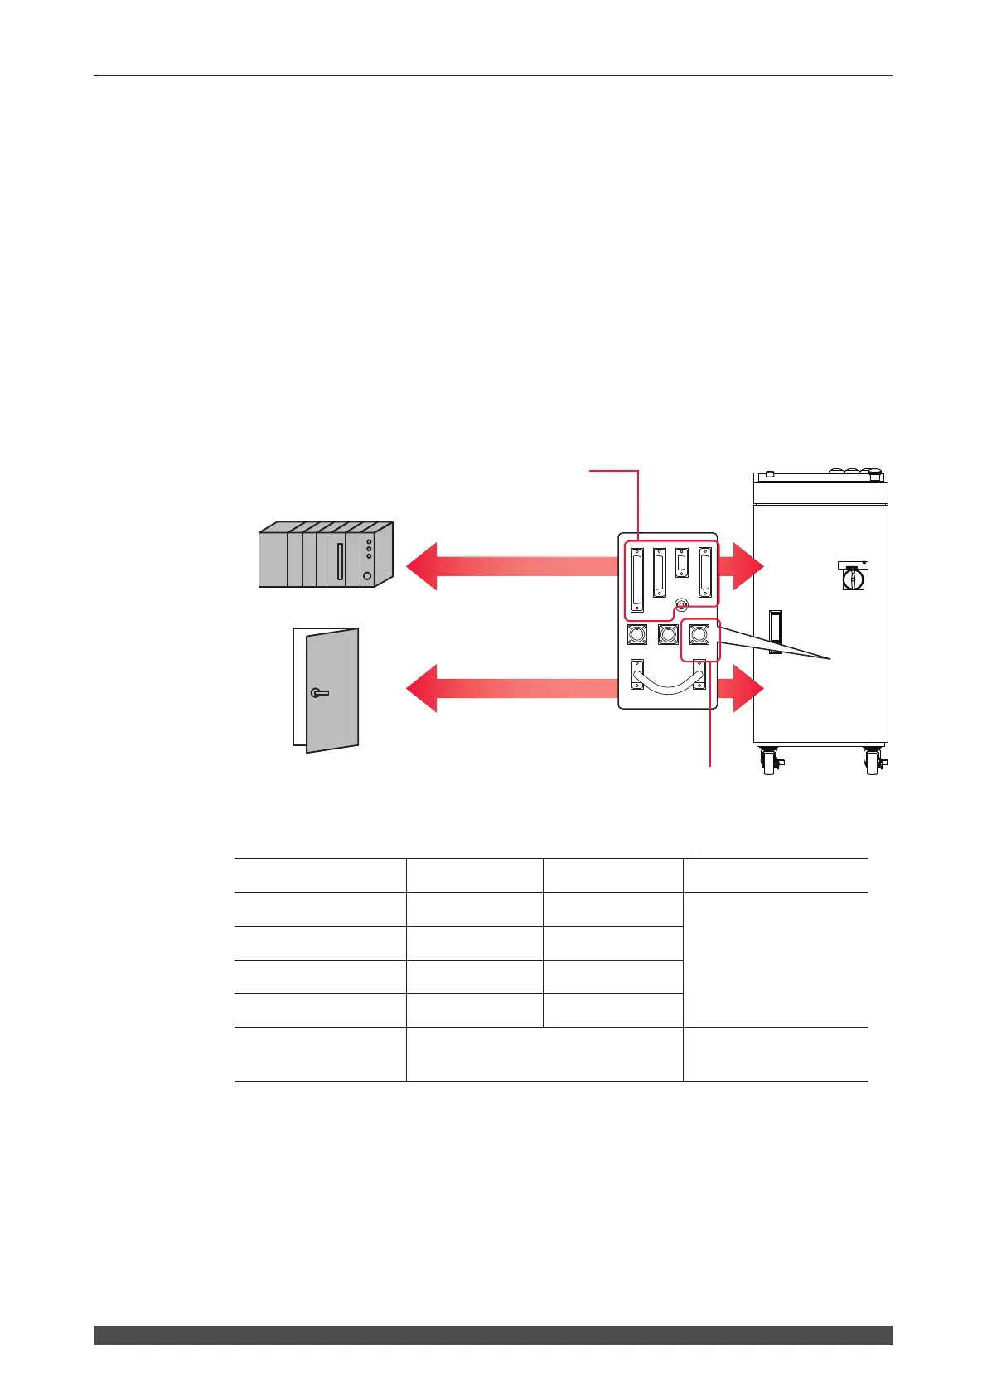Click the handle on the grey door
click(x=319, y=692)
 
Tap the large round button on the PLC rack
click(x=367, y=575)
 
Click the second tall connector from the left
click(x=660, y=571)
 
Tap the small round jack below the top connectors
click(x=681, y=607)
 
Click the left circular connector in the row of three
click(x=637, y=635)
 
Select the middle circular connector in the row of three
click(x=668, y=635)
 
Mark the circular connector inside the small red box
click(x=699, y=635)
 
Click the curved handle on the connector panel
click(x=668, y=682)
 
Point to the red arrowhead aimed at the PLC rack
click(x=422, y=566)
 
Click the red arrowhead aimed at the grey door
click(x=422, y=689)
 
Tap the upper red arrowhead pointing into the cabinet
click(x=747, y=566)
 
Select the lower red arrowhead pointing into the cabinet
click(x=747, y=689)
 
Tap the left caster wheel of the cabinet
click(x=770, y=761)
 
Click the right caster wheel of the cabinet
click(x=873, y=761)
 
